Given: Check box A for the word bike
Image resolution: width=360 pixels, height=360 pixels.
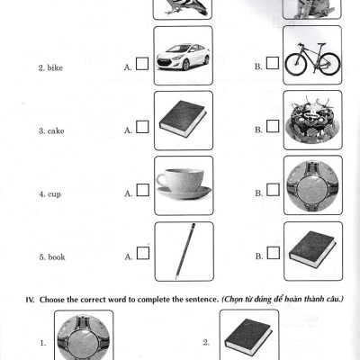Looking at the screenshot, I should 142,66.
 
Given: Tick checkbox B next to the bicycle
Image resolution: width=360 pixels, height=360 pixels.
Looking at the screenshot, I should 271,65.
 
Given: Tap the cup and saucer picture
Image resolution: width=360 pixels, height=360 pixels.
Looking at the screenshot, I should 184,184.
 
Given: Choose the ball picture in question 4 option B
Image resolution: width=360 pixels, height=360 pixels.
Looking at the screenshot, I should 311,184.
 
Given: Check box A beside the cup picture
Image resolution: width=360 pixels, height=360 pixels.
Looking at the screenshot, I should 142,191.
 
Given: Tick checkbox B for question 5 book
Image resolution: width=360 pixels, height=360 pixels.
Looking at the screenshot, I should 271,255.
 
